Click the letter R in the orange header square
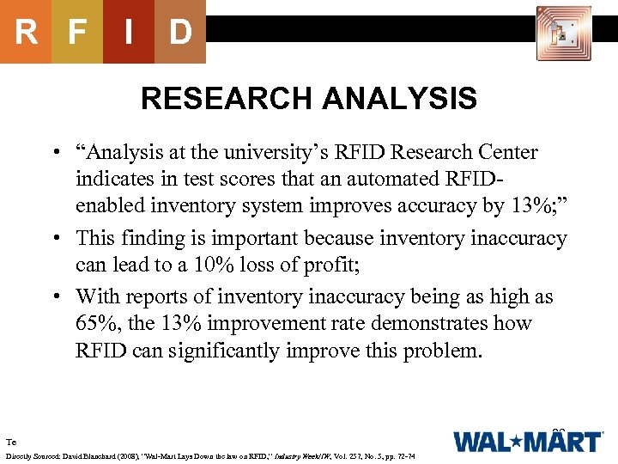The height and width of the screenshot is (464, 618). pos(26,33)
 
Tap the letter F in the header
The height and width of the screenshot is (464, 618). pos(77,33)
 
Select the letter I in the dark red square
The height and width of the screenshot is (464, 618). pos(128,33)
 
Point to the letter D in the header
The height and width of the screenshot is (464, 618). pos(179,33)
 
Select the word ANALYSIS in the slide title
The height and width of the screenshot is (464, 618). pos(400,99)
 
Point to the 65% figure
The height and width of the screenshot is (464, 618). pos(96,324)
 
